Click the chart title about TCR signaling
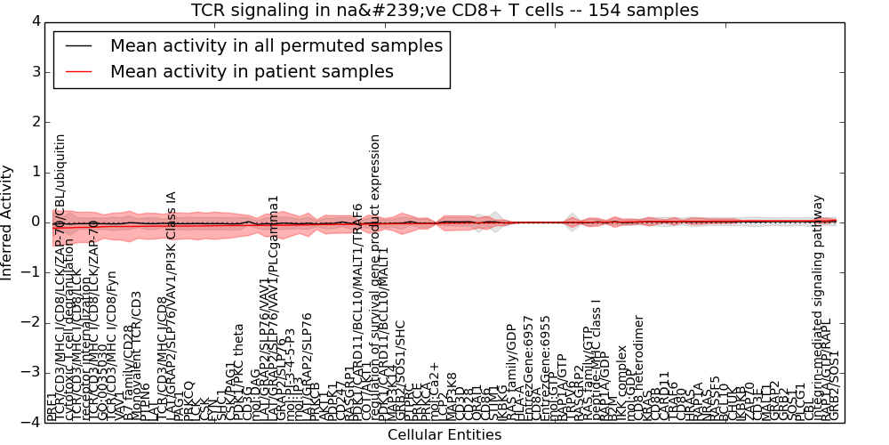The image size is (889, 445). click(444, 10)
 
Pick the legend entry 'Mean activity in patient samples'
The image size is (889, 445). click(252, 72)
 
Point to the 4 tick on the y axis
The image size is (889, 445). click(34, 21)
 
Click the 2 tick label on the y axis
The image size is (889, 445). click(34, 122)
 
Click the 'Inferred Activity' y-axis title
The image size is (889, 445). click(8, 222)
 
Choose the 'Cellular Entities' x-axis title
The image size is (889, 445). click(444, 435)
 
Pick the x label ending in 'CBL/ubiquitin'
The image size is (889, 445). click(60, 276)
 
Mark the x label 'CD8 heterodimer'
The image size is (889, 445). click(637, 368)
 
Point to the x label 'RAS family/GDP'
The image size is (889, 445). click(510, 374)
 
